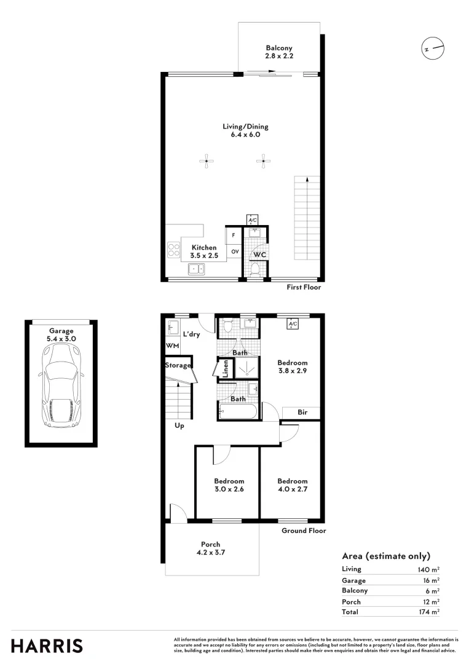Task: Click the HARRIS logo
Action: [x=47, y=646]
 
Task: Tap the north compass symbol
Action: [x=432, y=48]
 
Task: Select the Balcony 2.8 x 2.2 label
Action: [x=279, y=52]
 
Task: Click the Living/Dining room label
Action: [x=245, y=130]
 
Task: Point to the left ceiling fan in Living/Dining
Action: [x=207, y=162]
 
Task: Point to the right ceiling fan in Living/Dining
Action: [x=263, y=162]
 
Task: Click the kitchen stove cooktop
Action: [x=173, y=249]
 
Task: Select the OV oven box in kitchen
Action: [x=235, y=251]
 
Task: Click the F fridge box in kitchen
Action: [x=234, y=235]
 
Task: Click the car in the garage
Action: [x=61, y=385]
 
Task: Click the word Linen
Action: [x=226, y=369]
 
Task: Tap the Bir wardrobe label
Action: [x=302, y=412]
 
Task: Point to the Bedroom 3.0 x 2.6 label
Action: [x=229, y=485]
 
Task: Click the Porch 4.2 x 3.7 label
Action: [x=210, y=548]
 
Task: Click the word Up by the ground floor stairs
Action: [x=179, y=425]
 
